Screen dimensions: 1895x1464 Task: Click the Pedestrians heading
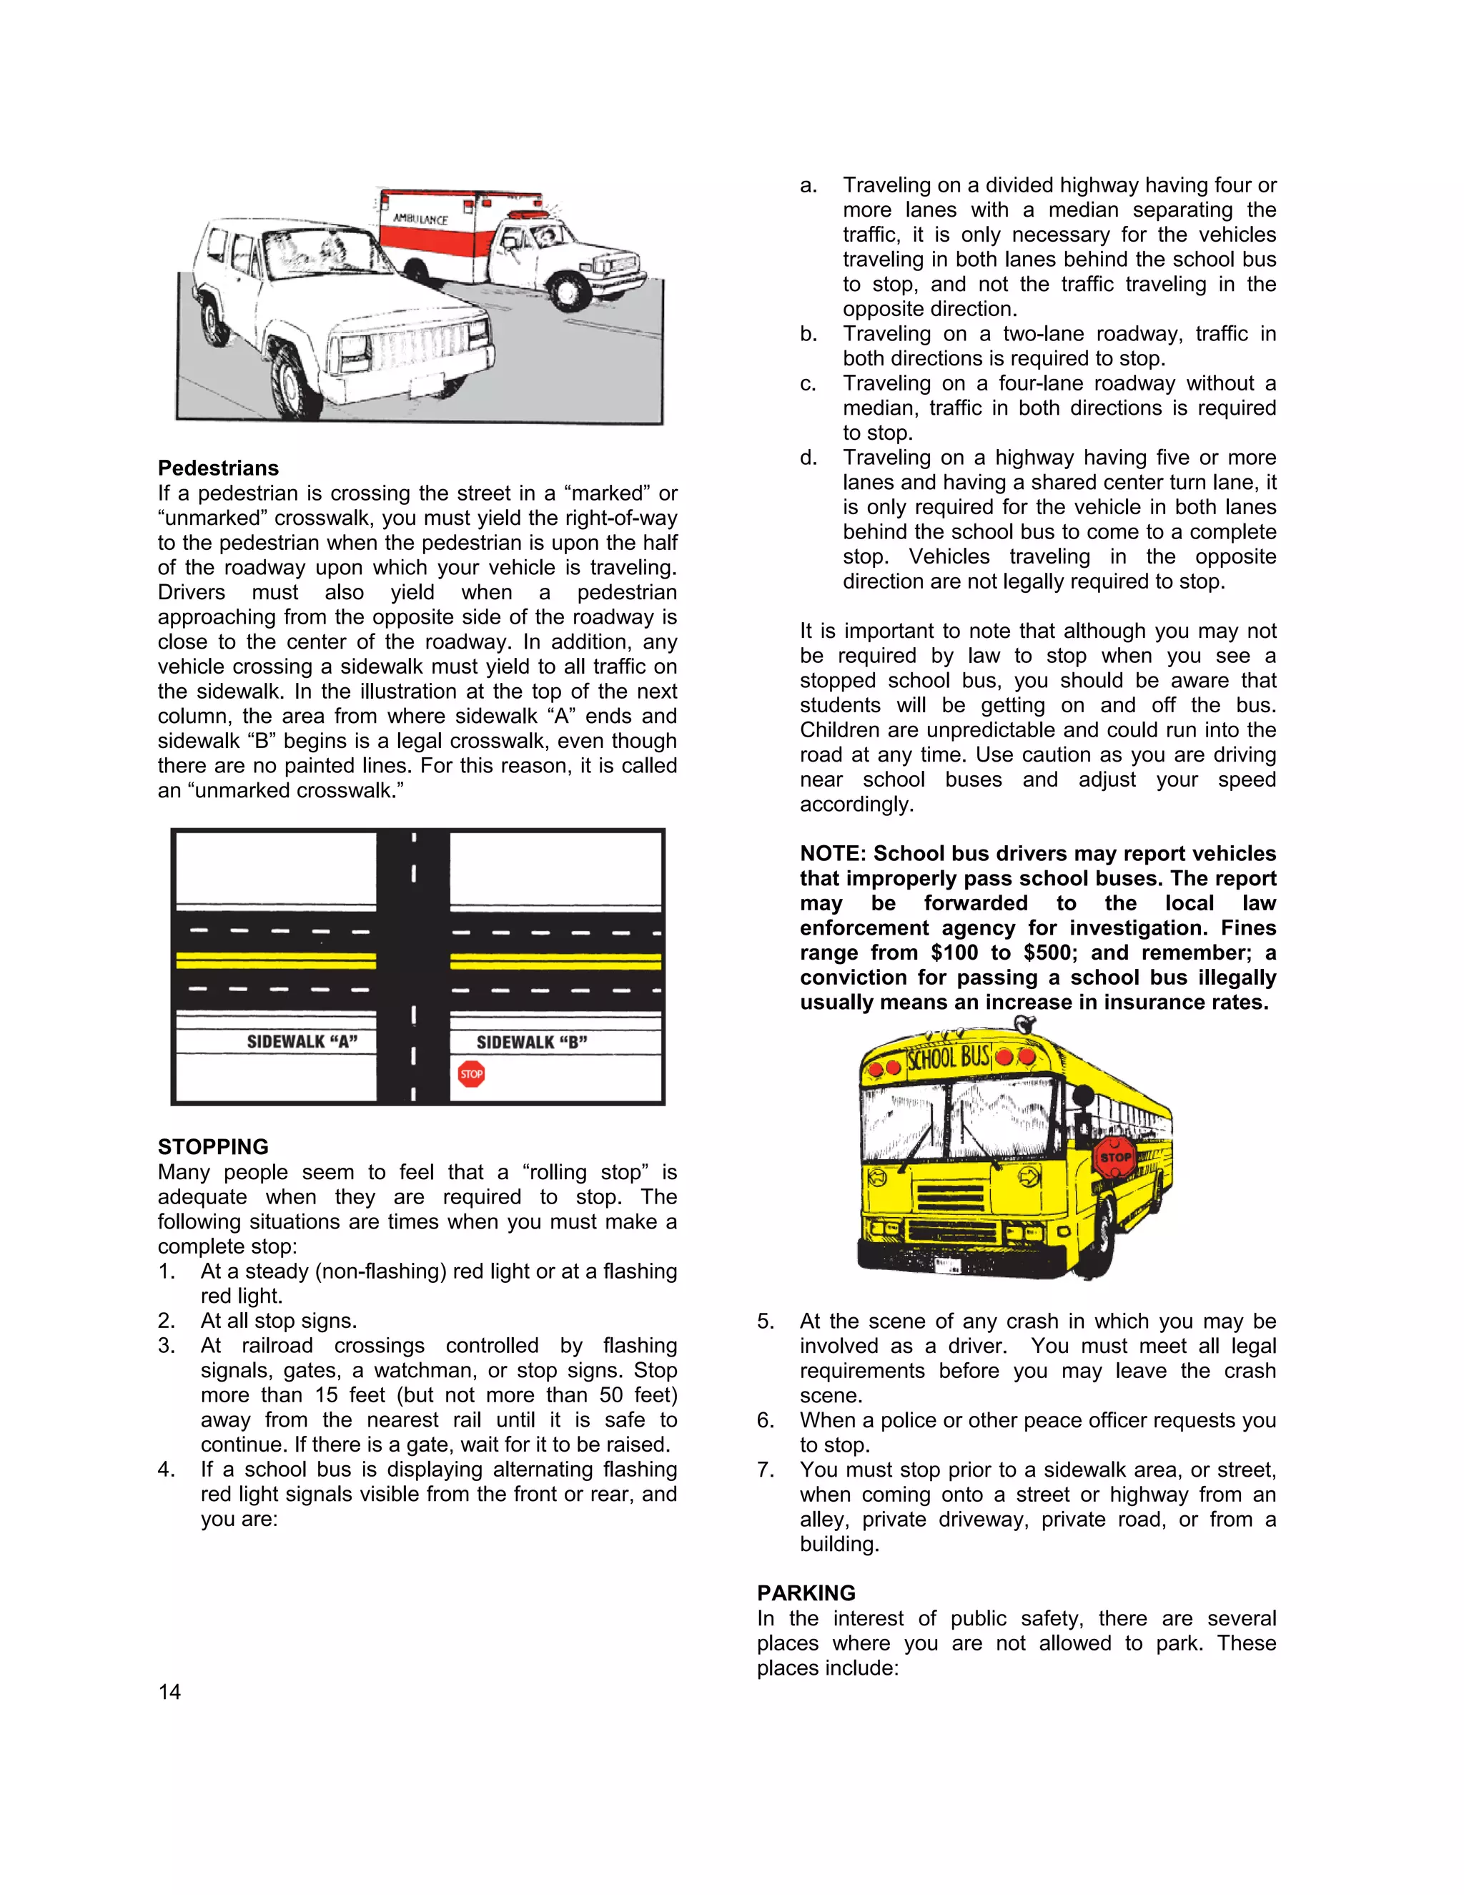click(x=218, y=468)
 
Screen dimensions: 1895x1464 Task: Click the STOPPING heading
click(x=212, y=1147)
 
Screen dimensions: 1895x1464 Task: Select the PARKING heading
click(x=806, y=1593)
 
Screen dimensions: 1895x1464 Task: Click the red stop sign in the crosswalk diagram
click(x=471, y=1074)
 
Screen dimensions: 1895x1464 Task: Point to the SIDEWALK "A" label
click(x=302, y=1042)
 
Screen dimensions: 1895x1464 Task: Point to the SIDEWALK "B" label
click(x=531, y=1042)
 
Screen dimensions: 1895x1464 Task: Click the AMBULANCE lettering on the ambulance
click(x=420, y=219)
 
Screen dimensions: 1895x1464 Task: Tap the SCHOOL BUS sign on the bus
click(x=948, y=1058)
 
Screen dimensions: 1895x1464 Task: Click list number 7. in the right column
click(x=765, y=1470)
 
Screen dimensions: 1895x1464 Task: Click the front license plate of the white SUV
click(x=427, y=385)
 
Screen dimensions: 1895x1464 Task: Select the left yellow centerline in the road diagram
click(x=276, y=960)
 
